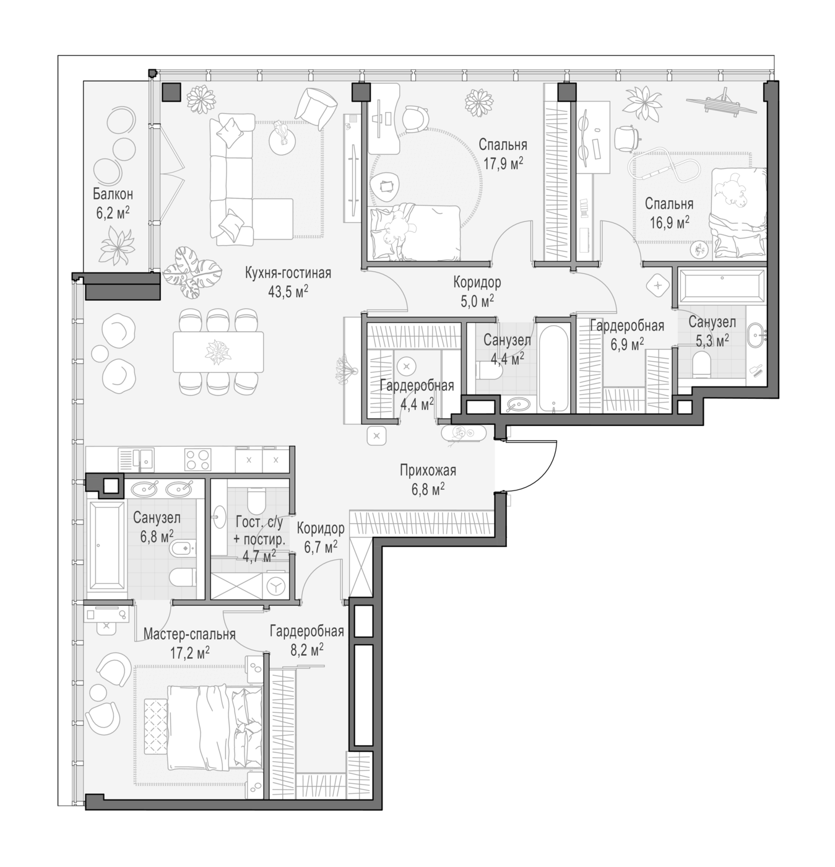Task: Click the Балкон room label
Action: coord(113,194)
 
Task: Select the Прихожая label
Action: coord(428,470)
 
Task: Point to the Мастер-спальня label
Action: coord(189,634)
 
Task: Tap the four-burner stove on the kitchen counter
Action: coord(197,460)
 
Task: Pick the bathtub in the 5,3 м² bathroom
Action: coord(722,284)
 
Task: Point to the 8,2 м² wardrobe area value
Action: coord(307,650)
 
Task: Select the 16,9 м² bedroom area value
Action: coord(669,222)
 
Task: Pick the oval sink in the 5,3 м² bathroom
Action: coord(755,336)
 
